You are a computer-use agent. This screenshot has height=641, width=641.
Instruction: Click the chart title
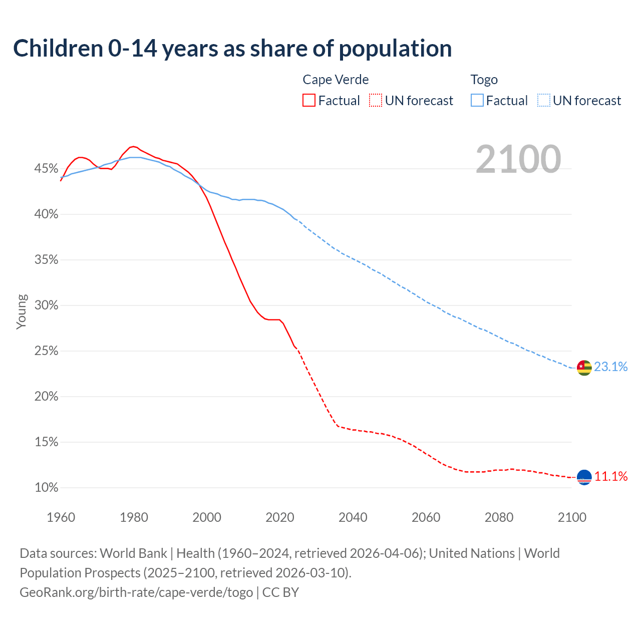232,49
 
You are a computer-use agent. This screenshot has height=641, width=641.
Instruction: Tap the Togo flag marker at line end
584,368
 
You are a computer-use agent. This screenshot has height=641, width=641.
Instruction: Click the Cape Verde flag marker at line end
584,477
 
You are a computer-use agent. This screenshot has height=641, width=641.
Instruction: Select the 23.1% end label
610,367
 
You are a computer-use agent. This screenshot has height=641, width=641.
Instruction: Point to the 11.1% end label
610,476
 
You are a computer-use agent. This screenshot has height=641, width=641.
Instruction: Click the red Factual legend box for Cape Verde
309,101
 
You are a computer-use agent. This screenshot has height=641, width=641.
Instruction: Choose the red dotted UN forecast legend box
376,101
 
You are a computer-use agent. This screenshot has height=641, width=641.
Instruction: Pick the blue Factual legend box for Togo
477,101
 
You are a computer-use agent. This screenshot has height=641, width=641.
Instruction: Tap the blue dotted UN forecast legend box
544,101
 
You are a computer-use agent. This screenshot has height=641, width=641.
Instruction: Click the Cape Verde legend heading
336,80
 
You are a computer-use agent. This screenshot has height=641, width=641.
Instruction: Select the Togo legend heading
484,80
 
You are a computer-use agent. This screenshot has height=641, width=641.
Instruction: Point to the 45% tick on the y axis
46,169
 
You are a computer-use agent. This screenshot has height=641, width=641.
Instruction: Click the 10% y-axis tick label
46,488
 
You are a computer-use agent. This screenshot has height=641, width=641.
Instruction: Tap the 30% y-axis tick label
46,305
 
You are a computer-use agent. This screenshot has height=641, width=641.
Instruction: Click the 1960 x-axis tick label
61,517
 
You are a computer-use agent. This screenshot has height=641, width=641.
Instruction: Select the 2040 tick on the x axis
353,517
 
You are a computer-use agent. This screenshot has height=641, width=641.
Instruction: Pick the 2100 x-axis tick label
571,517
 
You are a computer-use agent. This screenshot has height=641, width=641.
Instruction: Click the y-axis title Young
22,311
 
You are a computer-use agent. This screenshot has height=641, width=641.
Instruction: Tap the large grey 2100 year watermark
518,159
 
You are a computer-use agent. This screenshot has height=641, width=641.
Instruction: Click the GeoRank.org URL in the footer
136,592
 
